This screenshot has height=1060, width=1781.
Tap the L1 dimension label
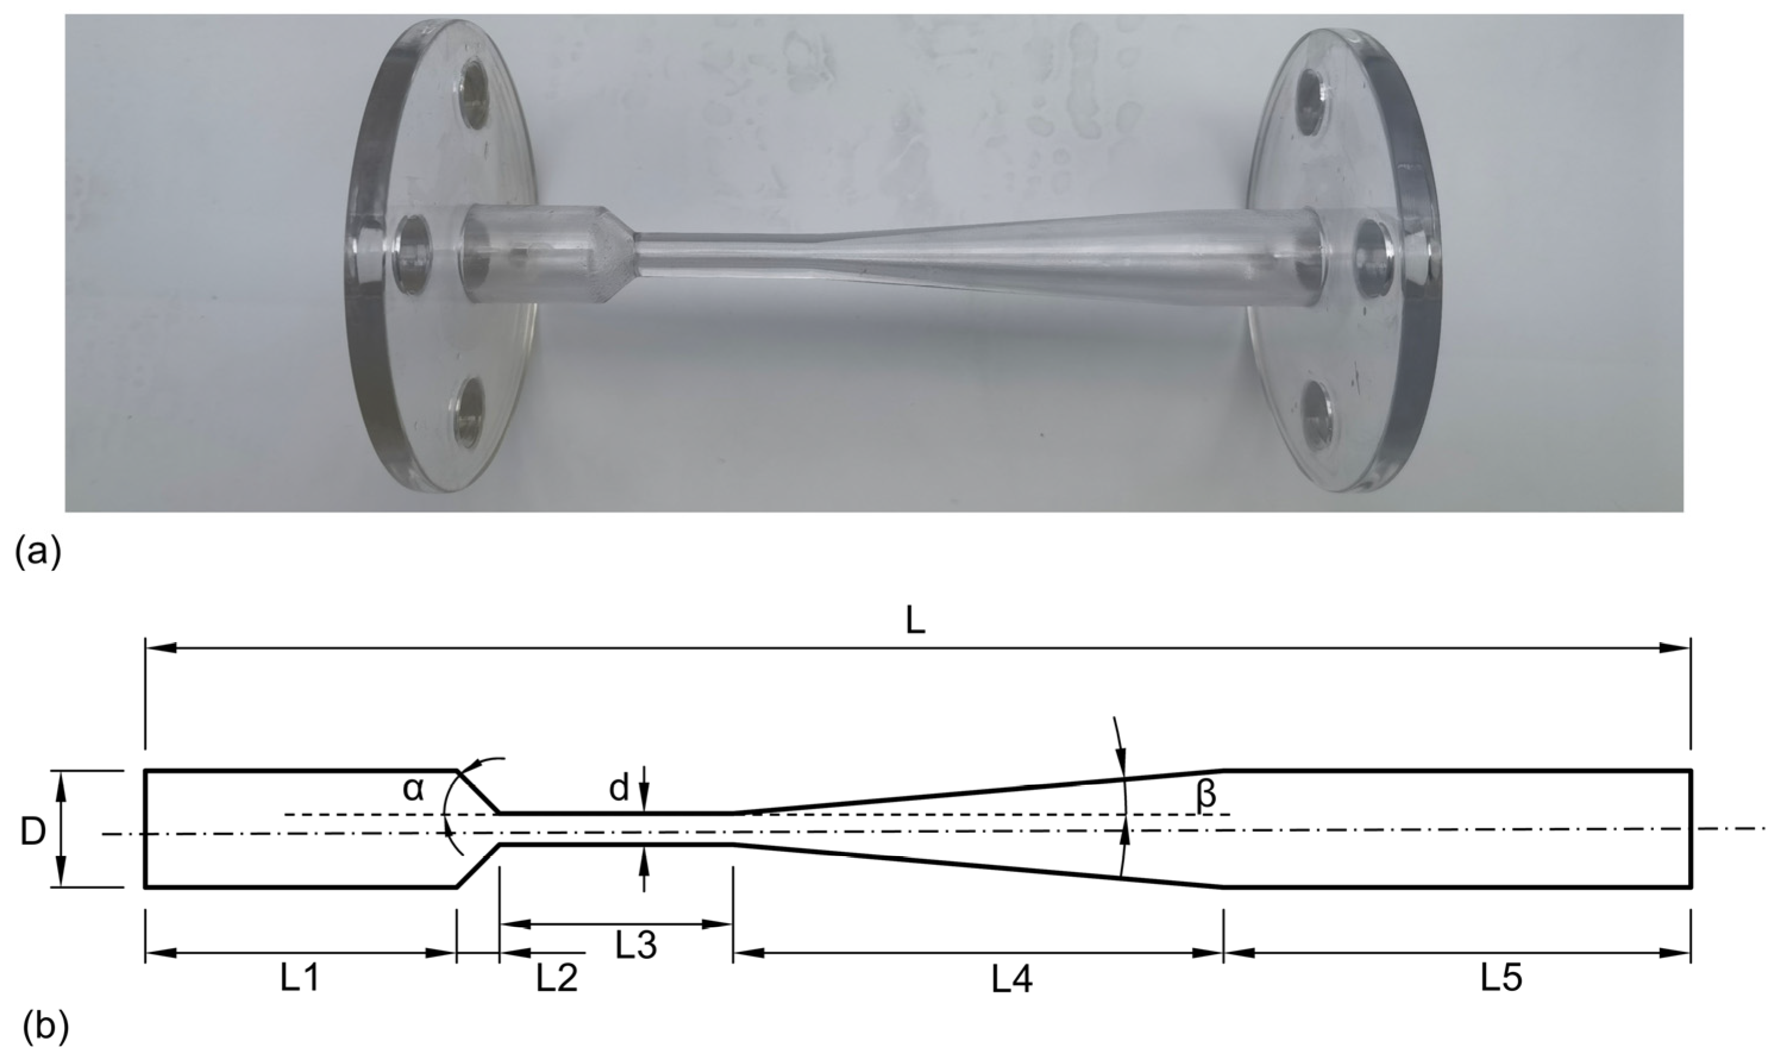[x=299, y=979]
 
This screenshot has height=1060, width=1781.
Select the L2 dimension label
[x=557, y=979]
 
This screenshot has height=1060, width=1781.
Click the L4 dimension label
[x=1012, y=982]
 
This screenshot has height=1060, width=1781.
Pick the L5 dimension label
[x=1500, y=979]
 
